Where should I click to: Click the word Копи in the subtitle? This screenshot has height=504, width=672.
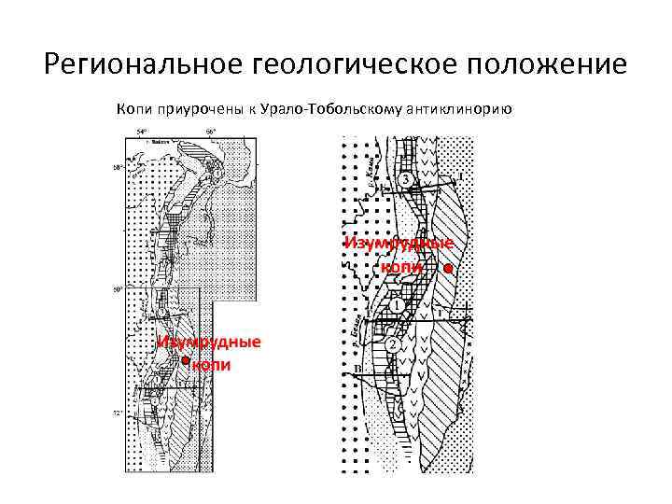click(x=133, y=109)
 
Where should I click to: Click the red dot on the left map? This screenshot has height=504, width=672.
click(x=186, y=360)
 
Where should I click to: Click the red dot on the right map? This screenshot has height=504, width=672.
click(x=448, y=268)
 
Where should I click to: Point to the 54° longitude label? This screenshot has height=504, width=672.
click(x=142, y=132)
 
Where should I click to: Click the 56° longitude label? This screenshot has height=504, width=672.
click(x=211, y=132)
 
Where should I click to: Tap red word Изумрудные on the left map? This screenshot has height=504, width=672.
click(x=208, y=342)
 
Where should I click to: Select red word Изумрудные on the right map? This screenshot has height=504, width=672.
click(x=399, y=244)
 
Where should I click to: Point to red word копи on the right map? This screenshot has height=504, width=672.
click(x=401, y=267)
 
